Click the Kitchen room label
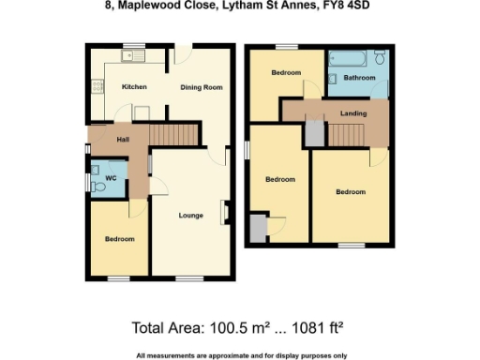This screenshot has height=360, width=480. point(134,87)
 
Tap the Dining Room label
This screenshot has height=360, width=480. point(201,87)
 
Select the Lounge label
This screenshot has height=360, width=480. point(191,216)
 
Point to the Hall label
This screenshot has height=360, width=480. point(122,140)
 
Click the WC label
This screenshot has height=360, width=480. point(111,177)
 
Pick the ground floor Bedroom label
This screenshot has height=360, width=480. point(120,239)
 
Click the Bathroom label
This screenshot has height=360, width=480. point(358,78)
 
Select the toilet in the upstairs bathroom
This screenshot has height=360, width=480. point(378,59)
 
